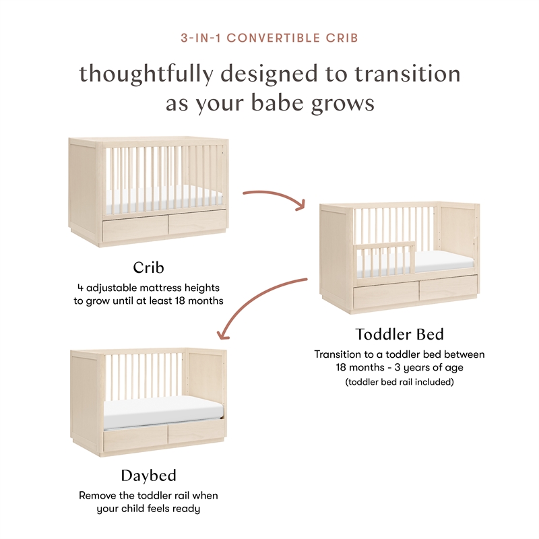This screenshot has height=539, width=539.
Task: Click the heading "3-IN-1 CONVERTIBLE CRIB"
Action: pyautogui.click(x=269, y=38)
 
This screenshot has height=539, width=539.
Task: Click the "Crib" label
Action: pyautogui.click(x=148, y=267)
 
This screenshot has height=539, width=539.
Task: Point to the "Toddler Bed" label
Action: pyautogui.click(x=400, y=334)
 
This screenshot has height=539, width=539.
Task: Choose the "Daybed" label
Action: pyautogui.click(x=148, y=476)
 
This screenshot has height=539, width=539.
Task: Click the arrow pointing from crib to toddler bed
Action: pyautogui.click(x=274, y=199)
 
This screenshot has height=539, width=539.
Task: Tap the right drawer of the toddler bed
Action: pyautogui.click(x=447, y=288)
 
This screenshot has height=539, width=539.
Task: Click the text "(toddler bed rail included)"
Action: pyautogui.click(x=400, y=382)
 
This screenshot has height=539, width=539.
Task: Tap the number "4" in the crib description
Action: pyautogui.click(x=80, y=288)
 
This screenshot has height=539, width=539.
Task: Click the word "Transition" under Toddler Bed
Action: pyautogui.click(x=338, y=354)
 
